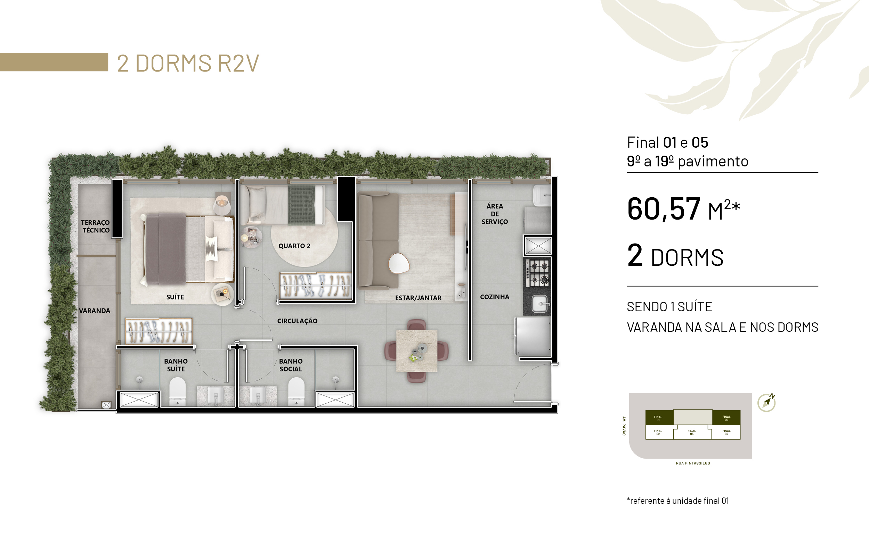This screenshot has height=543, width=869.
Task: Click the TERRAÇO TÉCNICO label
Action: tap(95, 226)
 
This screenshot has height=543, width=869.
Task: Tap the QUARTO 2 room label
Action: tap(294, 246)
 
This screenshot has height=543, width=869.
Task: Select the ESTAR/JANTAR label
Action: tap(418, 298)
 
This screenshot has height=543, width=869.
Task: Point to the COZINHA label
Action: tap(495, 297)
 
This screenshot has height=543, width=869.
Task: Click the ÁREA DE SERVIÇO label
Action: tap(495, 214)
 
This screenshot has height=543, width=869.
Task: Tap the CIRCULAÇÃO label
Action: tap(297, 321)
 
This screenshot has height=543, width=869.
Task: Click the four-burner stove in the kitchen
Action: tap(538, 273)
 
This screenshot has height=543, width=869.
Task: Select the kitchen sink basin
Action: tap(539, 304)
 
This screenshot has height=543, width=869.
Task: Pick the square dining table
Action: tap(417, 351)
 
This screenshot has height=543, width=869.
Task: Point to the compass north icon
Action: tap(766, 403)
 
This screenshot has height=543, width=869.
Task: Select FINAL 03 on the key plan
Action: tap(692, 433)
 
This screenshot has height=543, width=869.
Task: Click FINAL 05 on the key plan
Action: tap(726, 418)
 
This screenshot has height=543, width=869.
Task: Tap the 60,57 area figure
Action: tap(664, 209)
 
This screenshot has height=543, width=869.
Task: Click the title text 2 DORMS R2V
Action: tap(188, 63)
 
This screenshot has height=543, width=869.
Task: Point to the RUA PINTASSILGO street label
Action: tap(693, 463)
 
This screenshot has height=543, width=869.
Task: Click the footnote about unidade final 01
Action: tap(678, 501)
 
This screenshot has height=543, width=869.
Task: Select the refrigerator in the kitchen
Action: tap(534, 337)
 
